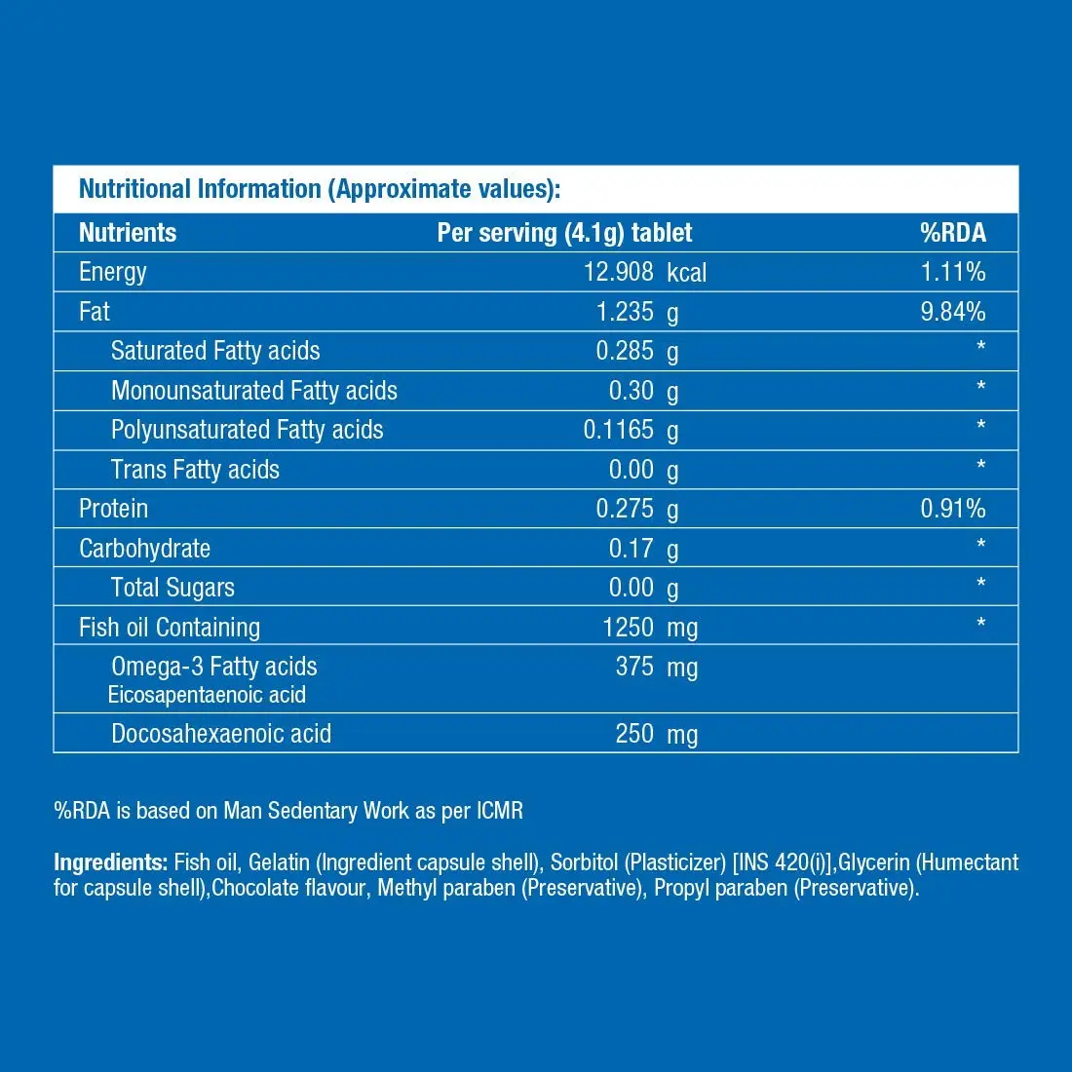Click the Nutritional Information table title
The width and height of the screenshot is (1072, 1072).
tap(320, 189)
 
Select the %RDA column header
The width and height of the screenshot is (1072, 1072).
tap(952, 233)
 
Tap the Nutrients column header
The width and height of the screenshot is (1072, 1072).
tap(128, 233)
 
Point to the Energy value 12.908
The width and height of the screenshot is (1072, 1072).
tap(618, 272)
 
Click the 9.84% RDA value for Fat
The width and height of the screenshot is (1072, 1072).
tap(953, 312)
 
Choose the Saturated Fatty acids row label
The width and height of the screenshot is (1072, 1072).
tap(215, 351)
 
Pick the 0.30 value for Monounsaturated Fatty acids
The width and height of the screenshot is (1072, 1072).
tap(632, 391)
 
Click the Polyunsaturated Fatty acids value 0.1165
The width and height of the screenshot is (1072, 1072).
tap(618, 430)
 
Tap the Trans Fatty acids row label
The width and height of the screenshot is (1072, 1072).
tap(195, 470)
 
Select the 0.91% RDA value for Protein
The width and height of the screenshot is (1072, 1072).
tap(953, 509)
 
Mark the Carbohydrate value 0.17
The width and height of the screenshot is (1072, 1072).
tap(632, 549)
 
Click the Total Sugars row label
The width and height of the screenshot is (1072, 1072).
tap(172, 588)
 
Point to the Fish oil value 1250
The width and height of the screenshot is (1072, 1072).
tap(628, 628)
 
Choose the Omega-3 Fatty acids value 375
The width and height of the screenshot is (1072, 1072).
tap(634, 667)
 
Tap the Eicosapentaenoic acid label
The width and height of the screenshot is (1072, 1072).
tap(207, 695)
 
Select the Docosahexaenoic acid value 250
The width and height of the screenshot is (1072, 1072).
tap(634, 734)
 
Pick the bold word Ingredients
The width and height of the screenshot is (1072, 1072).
tap(111, 862)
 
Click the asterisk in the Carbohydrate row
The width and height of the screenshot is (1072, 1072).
tap(980, 545)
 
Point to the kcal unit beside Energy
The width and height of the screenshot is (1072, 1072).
tap(686, 273)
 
